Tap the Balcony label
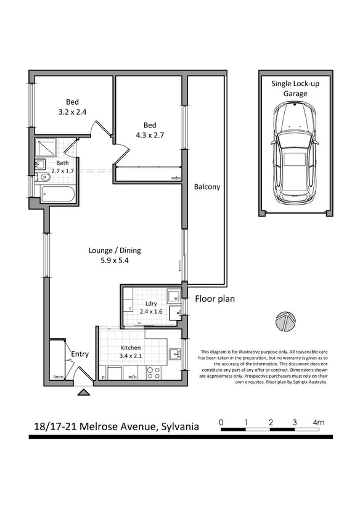tap(207, 187)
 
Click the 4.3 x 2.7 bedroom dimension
tap(150, 134)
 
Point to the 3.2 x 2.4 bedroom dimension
tap(73, 112)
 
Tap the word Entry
tap(80, 354)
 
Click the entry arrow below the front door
tap(83, 391)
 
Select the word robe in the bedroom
tap(176, 179)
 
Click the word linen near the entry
tap(58, 376)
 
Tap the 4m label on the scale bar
tap(318, 422)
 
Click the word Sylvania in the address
tap(179, 426)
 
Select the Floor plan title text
tap(215, 299)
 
